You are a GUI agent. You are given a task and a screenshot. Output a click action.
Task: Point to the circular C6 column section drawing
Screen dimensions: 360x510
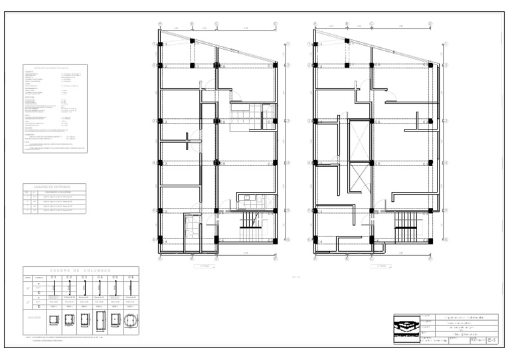(x=131, y=319)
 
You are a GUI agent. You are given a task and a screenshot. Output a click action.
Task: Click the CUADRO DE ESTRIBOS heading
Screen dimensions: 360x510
(x=53, y=187)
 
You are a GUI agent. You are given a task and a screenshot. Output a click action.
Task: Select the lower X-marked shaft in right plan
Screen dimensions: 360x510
(x=360, y=178)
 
